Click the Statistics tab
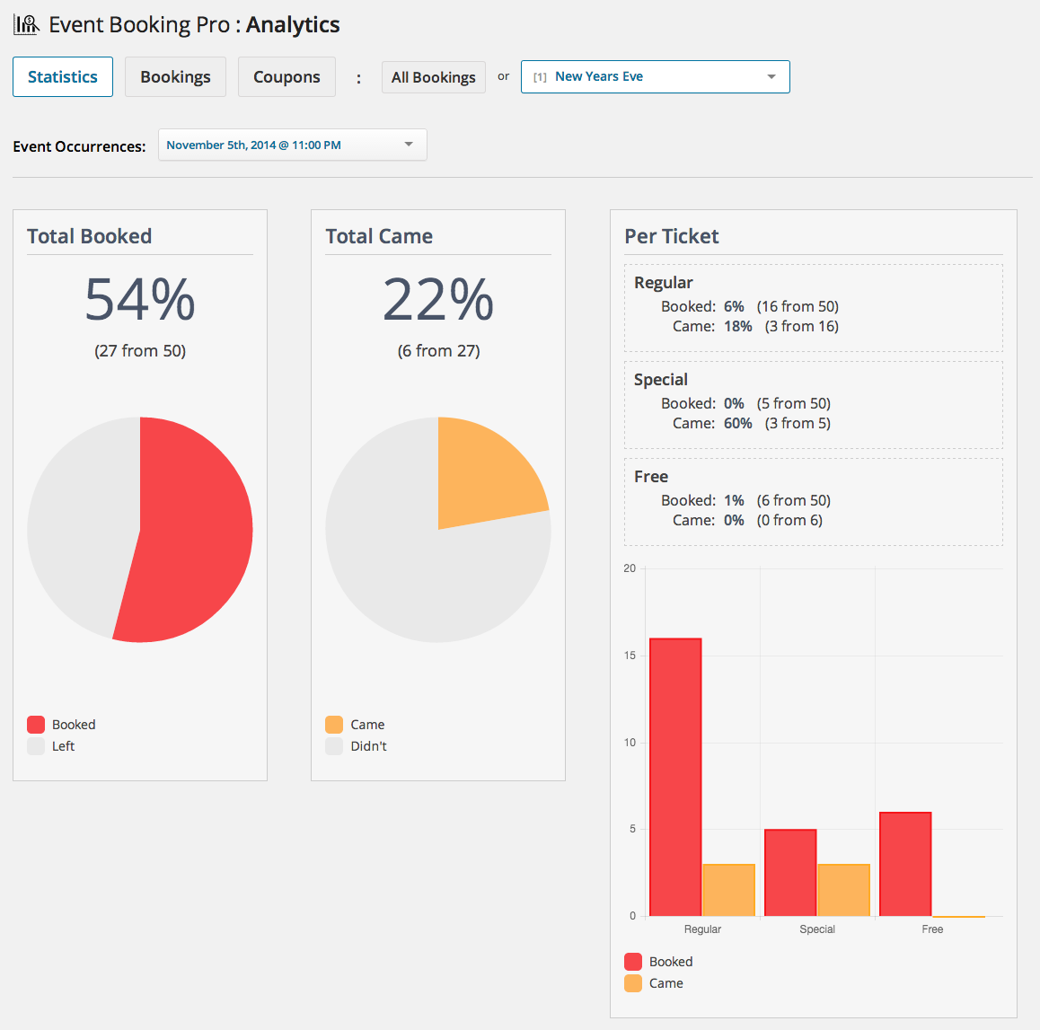(63, 77)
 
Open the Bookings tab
(175, 77)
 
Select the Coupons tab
(286, 77)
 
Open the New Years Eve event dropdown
(655, 77)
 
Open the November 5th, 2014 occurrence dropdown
(292, 145)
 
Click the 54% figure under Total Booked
(140, 299)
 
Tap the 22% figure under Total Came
(438, 299)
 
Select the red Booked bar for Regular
(675, 777)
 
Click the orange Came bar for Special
(843, 890)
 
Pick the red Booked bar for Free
(905, 864)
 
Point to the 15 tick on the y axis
(630, 656)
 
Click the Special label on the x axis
(817, 929)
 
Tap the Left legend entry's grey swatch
(36, 746)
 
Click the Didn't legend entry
(368, 746)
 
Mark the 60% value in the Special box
(738, 423)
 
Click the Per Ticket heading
(672, 236)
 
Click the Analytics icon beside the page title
(26, 24)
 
